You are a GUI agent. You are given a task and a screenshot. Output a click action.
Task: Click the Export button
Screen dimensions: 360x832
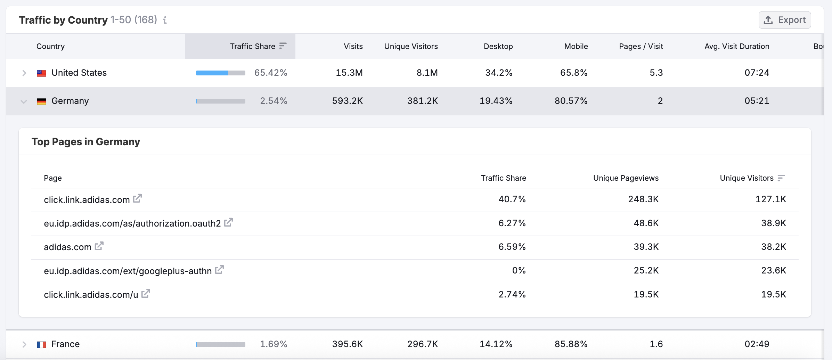(785, 20)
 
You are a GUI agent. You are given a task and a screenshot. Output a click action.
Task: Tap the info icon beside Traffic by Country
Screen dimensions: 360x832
(165, 20)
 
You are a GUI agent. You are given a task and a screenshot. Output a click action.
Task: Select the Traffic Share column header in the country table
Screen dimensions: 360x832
(253, 46)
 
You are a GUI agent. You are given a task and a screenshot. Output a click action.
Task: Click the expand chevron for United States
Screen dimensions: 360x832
(24, 73)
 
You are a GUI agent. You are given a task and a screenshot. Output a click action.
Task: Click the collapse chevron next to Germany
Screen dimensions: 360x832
(24, 101)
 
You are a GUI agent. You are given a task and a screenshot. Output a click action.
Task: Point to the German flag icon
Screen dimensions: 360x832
(42, 101)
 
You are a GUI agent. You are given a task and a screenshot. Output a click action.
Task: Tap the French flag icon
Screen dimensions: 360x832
(42, 344)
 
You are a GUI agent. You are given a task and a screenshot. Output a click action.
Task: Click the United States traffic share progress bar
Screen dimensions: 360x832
(220, 73)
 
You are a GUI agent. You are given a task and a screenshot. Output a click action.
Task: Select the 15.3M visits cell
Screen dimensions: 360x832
(349, 73)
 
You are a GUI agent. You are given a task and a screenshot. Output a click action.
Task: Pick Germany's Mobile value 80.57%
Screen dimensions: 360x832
(571, 101)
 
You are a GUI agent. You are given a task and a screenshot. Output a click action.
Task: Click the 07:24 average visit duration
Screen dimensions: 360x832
(757, 73)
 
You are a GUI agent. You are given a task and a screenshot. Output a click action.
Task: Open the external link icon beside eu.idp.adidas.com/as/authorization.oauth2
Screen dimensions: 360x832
(228, 222)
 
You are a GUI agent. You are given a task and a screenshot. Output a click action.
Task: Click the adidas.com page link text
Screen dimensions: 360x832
(67, 247)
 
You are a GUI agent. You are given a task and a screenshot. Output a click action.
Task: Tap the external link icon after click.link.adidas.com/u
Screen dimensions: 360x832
(146, 294)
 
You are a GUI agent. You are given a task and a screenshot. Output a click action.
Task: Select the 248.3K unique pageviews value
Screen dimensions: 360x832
(643, 199)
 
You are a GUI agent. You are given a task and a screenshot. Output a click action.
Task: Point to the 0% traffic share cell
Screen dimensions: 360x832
(519, 270)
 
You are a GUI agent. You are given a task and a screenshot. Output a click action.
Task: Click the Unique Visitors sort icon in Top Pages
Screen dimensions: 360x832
(781, 178)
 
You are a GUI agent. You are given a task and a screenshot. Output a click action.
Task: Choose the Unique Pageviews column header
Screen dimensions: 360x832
(626, 178)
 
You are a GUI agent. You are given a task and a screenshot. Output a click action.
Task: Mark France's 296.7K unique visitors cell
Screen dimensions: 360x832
(422, 344)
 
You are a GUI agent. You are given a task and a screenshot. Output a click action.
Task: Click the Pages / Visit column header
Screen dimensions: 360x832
(641, 46)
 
